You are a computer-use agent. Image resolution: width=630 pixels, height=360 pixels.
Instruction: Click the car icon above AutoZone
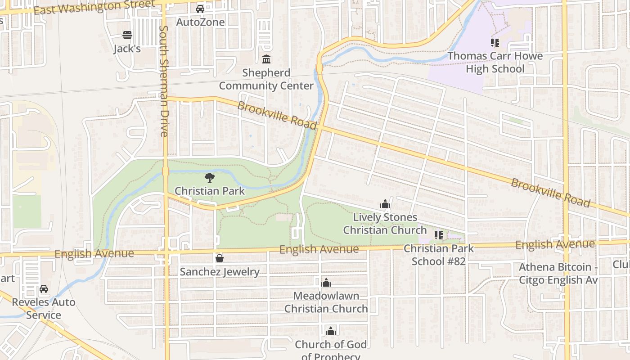(200, 9)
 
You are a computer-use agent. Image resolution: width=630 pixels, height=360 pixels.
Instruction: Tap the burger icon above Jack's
(127, 35)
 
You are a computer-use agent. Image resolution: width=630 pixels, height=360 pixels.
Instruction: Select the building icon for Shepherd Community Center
(266, 59)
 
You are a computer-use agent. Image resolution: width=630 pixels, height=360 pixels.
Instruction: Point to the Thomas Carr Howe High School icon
(495, 43)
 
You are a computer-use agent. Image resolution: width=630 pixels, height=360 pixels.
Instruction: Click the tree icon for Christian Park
(209, 178)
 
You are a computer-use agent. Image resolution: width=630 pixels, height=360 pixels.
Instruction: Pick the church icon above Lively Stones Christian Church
(385, 204)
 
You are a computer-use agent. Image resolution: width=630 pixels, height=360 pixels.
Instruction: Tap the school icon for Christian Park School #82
(439, 235)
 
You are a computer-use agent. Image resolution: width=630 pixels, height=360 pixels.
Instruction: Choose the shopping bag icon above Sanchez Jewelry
(220, 258)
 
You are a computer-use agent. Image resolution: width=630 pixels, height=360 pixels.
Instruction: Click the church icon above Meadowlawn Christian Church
(326, 283)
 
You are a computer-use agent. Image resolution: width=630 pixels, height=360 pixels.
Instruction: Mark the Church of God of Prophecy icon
(331, 331)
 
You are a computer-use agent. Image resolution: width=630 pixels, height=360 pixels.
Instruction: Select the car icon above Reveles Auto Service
(44, 289)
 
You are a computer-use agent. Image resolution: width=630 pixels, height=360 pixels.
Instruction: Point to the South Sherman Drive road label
(164, 81)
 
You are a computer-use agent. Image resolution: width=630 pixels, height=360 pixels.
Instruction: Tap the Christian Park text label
(210, 191)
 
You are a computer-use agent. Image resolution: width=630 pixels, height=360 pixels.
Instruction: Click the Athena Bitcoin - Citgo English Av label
(558, 274)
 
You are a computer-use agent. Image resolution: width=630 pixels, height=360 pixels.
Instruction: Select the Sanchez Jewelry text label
(220, 272)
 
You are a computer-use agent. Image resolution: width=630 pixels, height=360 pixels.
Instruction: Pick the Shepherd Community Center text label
(266, 79)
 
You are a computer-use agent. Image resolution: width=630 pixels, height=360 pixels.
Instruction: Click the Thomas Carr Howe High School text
(495, 63)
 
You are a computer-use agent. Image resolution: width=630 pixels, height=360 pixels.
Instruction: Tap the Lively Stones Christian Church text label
(385, 224)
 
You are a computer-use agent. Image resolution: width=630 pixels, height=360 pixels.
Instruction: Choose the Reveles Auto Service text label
(44, 308)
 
